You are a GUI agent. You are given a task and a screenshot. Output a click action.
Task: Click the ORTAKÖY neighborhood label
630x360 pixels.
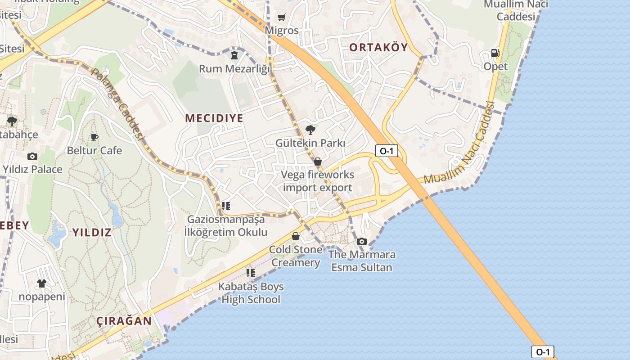[x=378, y=47]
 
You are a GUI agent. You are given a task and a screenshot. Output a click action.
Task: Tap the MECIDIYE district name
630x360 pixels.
[x=214, y=118]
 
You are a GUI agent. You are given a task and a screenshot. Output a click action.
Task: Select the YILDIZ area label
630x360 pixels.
[x=92, y=233]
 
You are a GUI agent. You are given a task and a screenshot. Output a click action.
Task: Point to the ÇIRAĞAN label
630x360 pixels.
[x=124, y=321]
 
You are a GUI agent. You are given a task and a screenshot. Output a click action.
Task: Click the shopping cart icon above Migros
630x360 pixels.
[x=282, y=18]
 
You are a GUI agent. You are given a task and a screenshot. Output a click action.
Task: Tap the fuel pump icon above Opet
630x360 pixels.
[x=495, y=53]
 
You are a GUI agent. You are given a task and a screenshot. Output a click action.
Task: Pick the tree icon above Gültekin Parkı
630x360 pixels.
[x=310, y=130]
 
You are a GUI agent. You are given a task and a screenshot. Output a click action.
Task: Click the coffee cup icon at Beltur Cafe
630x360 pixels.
[x=94, y=137]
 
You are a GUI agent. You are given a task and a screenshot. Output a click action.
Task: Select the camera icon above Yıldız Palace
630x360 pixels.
[x=32, y=156]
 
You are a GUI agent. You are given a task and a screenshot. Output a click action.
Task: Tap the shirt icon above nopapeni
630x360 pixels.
[x=42, y=283]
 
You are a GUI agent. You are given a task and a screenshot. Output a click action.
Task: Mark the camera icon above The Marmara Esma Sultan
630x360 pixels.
[x=362, y=241]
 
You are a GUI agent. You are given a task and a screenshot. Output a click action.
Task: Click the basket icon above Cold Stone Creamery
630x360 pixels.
[x=296, y=236]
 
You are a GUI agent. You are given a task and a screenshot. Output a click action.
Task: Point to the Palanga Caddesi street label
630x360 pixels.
[x=118, y=103]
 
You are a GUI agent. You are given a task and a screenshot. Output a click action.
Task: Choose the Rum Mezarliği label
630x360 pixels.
[x=234, y=69]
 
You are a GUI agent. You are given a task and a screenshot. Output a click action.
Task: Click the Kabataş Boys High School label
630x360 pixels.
[x=251, y=293]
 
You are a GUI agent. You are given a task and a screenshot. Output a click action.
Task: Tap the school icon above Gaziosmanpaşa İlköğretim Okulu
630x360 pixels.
[x=226, y=206]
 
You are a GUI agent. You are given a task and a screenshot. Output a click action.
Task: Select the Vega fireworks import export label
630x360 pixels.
[x=318, y=181]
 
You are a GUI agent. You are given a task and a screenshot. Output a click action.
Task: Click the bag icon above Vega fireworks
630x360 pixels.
[x=318, y=162]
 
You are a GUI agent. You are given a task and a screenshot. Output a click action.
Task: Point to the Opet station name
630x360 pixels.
[x=495, y=67]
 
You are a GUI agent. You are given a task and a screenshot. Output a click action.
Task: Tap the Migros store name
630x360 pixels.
[x=282, y=31]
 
